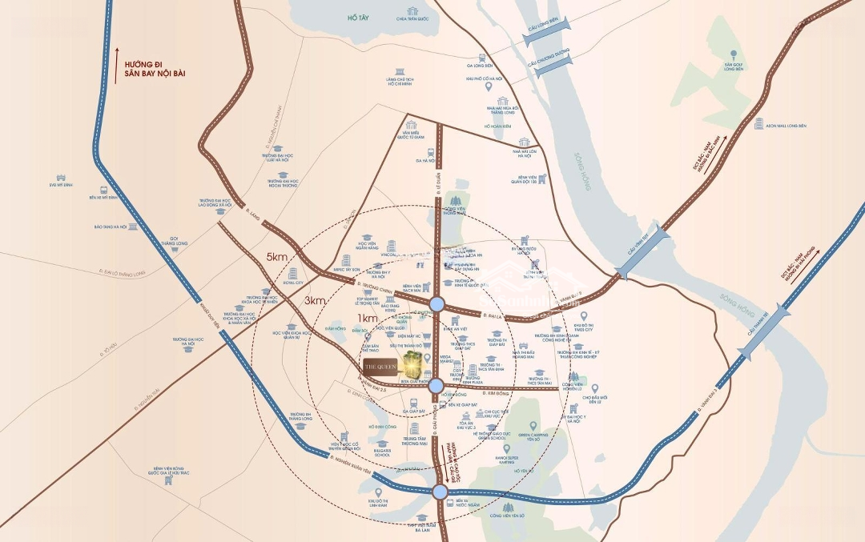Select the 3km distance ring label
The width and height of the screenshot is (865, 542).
[x=315, y=300]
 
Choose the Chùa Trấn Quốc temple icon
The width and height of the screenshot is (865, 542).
[x=412, y=12]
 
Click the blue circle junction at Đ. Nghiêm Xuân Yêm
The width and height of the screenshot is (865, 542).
[x=439, y=492]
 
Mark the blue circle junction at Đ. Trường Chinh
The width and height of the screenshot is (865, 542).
[x=437, y=303]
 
